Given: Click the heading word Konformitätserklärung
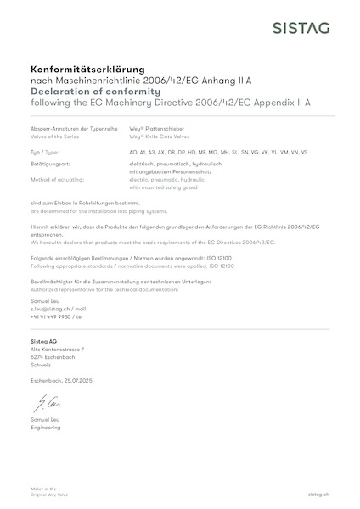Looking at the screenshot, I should (87, 67).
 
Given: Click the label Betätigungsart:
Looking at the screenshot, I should (50, 160).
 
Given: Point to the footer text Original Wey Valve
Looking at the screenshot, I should (48, 494).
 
